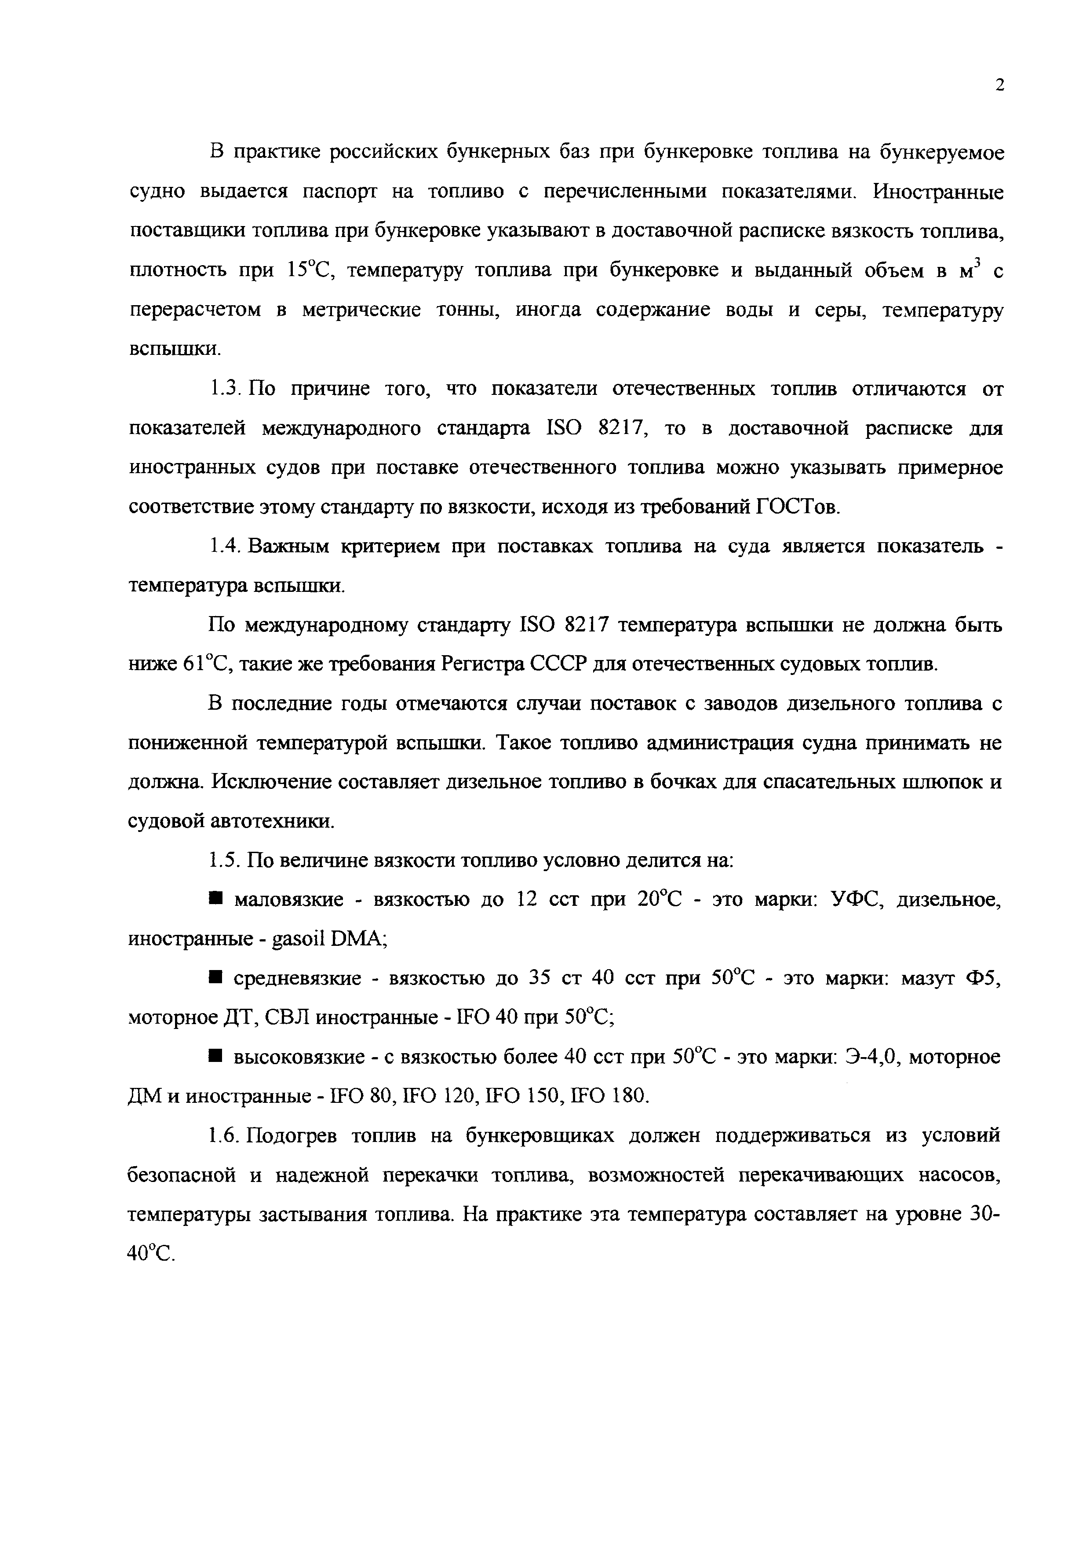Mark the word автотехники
(272, 822)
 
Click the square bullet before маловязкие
(215, 899)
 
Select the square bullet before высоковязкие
(215, 1057)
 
